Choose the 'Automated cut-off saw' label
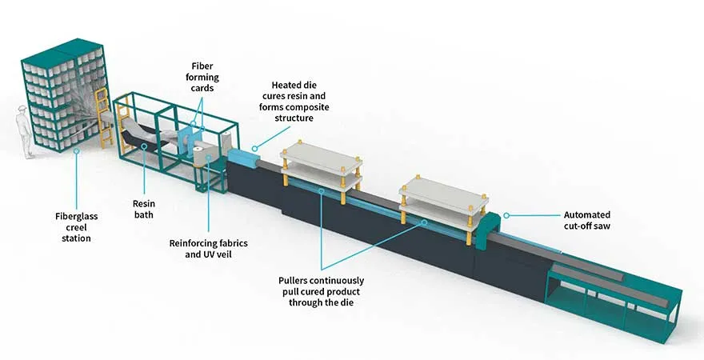[x=586, y=220]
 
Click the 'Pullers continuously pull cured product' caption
[x=321, y=291]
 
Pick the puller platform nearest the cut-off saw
[x=439, y=195]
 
